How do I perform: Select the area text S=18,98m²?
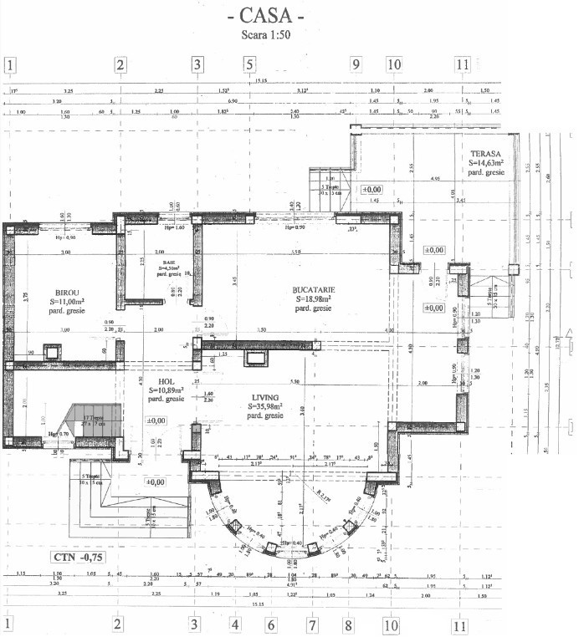[313, 298]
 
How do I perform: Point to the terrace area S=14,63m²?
[485, 164]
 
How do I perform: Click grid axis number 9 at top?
[355, 64]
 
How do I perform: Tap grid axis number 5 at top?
[248, 64]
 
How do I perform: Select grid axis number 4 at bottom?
[235, 624]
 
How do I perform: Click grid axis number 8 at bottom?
[348, 624]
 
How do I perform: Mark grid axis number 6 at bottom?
[272, 624]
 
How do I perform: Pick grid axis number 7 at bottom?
[312, 624]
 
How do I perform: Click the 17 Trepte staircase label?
[92, 416]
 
